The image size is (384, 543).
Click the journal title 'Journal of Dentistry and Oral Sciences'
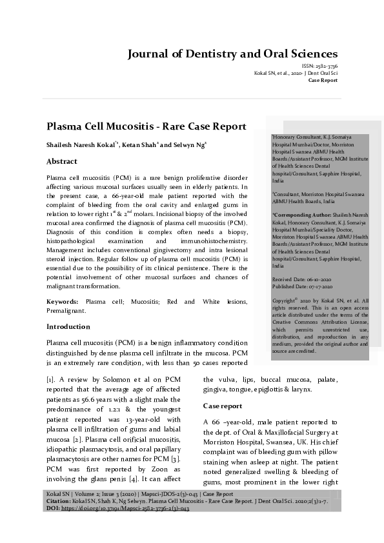(x=232, y=54)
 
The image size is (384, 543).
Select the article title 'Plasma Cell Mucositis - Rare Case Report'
(x=147, y=126)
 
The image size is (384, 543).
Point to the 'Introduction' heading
(x=68, y=326)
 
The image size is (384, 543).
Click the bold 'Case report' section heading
(x=223, y=406)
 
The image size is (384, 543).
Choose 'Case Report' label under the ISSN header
(x=323, y=80)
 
